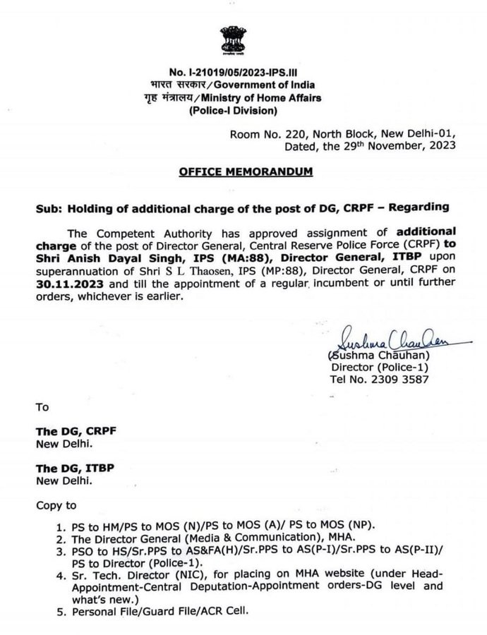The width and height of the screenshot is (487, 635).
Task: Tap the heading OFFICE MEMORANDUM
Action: coord(243,171)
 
